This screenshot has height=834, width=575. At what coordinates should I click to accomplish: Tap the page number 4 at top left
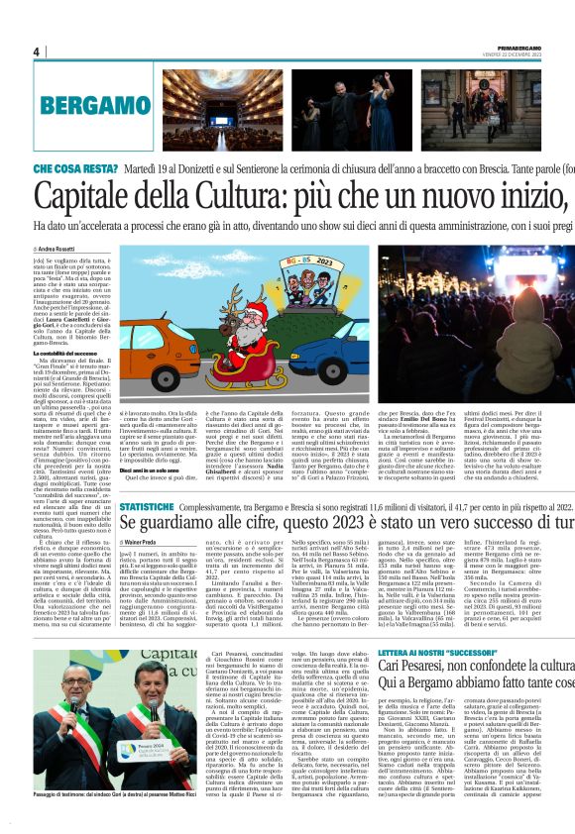pos(37,52)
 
